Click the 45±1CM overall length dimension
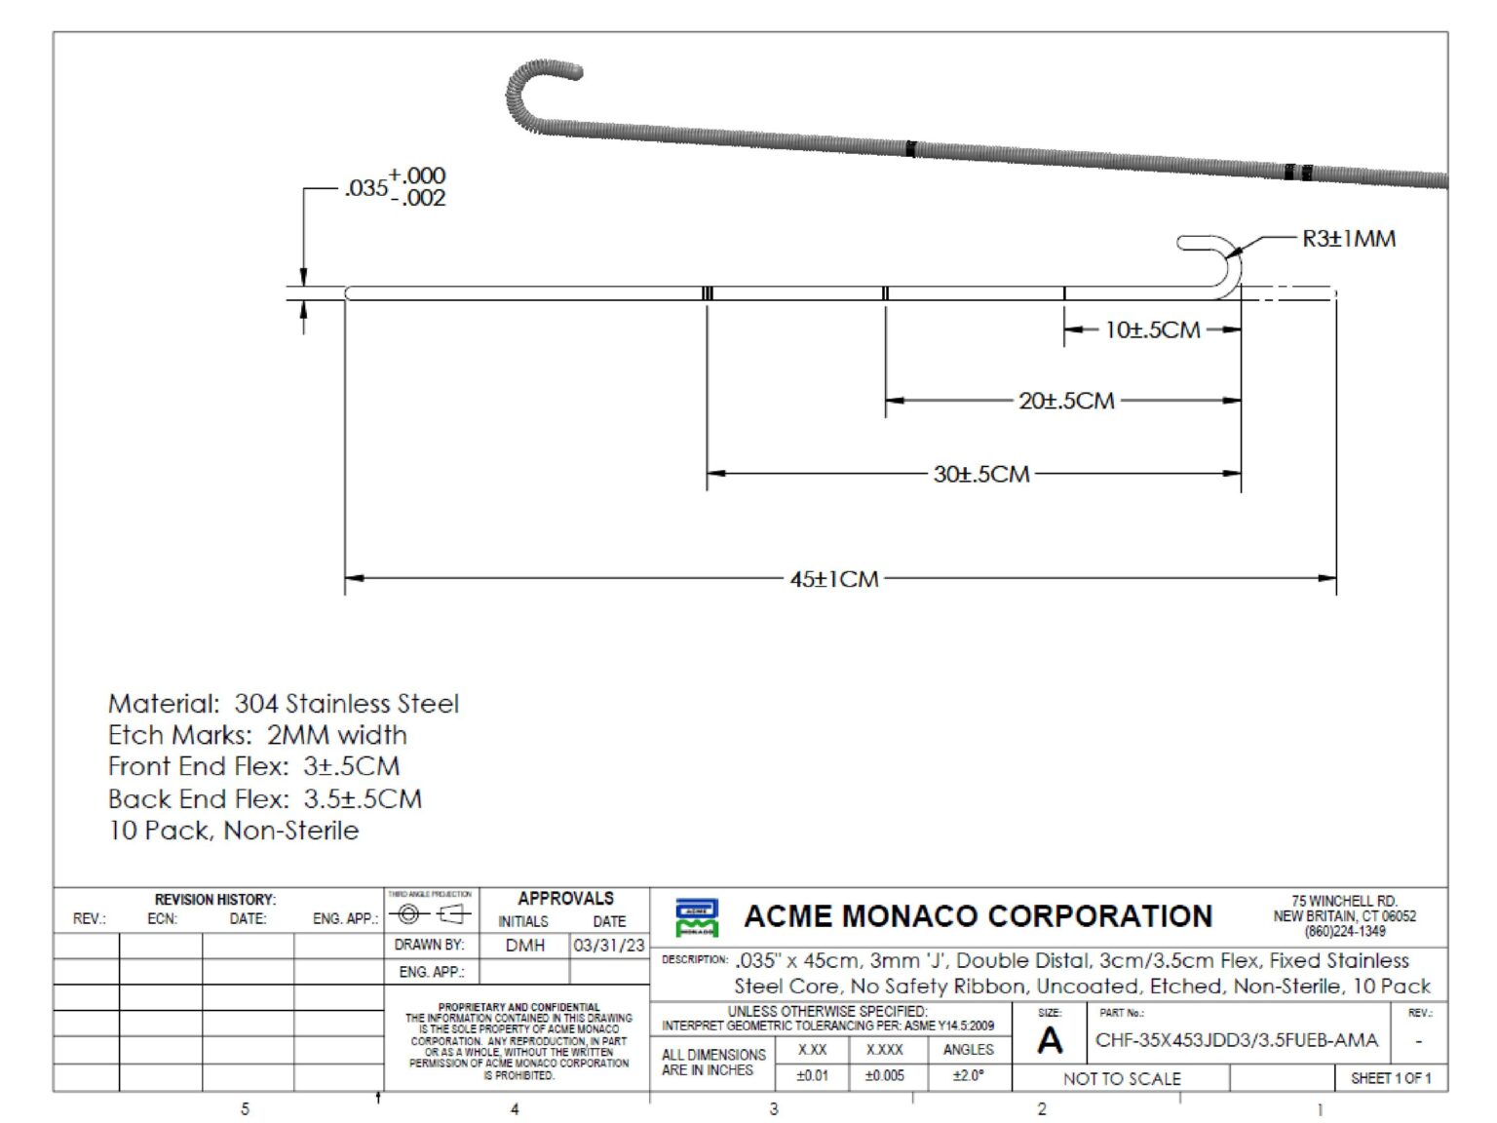(x=834, y=579)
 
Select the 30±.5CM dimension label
(x=980, y=475)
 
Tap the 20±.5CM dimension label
(x=1066, y=401)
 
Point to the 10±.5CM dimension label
(x=1152, y=330)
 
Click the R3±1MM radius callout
(x=1349, y=239)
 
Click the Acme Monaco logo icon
(x=696, y=917)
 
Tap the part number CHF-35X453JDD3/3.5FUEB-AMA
(x=1236, y=1040)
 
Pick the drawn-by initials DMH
(x=525, y=946)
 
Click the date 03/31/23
(x=609, y=946)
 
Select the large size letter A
(x=1050, y=1041)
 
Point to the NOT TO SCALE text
(x=1122, y=1079)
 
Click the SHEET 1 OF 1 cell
(x=1391, y=1078)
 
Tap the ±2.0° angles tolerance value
(x=968, y=1076)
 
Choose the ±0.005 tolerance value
(x=884, y=1076)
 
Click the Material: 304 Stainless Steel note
(x=283, y=704)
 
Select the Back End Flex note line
(x=265, y=799)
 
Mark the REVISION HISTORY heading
(x=215, y=900)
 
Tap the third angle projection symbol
(x=430, y=914)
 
